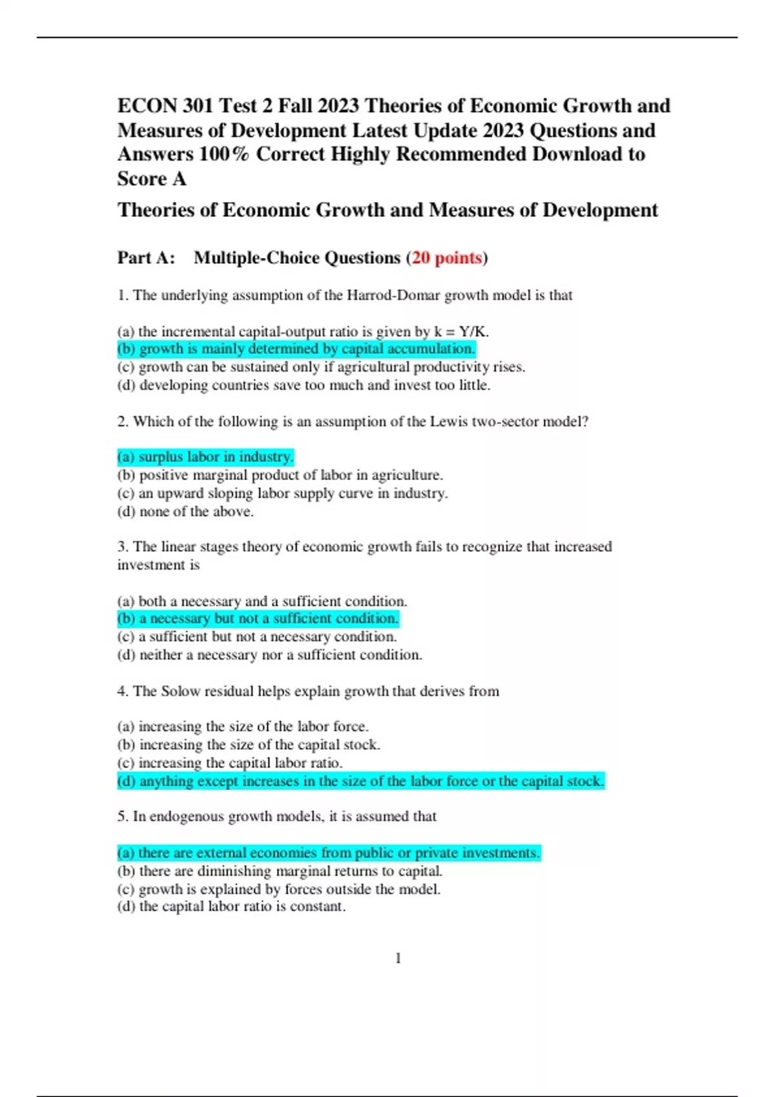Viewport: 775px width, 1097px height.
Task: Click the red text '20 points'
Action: click(x=447, y=258)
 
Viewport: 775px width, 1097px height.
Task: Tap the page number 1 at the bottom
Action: click(x=398, y=958)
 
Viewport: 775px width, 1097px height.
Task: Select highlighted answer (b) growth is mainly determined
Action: click(x=296, y=349)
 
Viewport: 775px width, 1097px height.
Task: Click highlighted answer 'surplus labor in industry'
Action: click(x=205, y=457)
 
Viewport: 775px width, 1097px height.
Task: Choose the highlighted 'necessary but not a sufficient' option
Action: click(x=258, y=619)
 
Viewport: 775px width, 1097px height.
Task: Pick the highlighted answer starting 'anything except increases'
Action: click(x=360, y=781)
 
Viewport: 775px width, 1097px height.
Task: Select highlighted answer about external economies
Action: click(x=329, y=853)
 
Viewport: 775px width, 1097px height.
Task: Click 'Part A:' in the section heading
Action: click(x=146, y=258)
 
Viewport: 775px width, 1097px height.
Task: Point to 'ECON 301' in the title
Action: click(x=165, y=106)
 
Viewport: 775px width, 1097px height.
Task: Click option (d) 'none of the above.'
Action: click(x=185, y=512)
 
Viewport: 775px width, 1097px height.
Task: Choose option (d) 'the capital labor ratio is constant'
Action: click(x=231, y=907)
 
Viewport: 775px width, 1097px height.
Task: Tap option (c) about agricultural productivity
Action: click(x=321, y=367)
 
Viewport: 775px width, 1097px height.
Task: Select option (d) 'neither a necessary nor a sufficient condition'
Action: click(x=269, y=655)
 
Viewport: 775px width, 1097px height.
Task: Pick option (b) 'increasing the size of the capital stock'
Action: click(x=249, y=745)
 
